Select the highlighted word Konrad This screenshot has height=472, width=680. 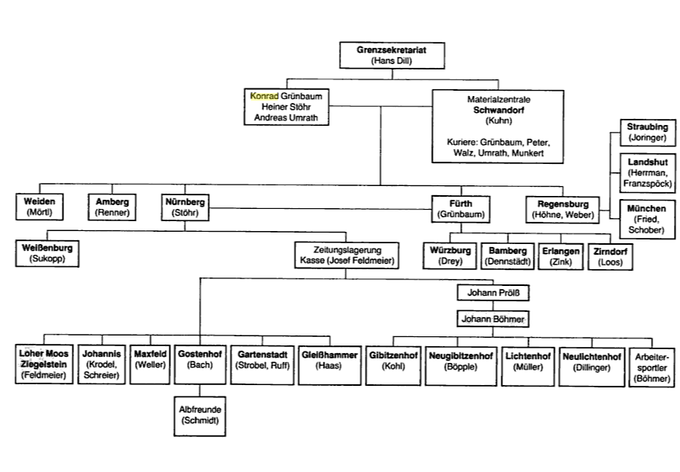(x=263, y=97)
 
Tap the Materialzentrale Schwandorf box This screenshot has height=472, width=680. (x=498, y=126)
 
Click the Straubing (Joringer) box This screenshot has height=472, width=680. (x=647, y=132)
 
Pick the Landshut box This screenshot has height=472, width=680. (x=646, y=173)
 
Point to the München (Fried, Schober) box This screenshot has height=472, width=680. (x=646, y=219)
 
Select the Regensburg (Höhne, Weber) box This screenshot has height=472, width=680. (x=563, y=209)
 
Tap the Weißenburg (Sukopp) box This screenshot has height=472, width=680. (x=48, y=253)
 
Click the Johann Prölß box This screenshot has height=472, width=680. (x=492, y=292)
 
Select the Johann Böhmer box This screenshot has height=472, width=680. (x=492, y=318)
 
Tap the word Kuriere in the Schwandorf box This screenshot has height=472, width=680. (x=460, y=143)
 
